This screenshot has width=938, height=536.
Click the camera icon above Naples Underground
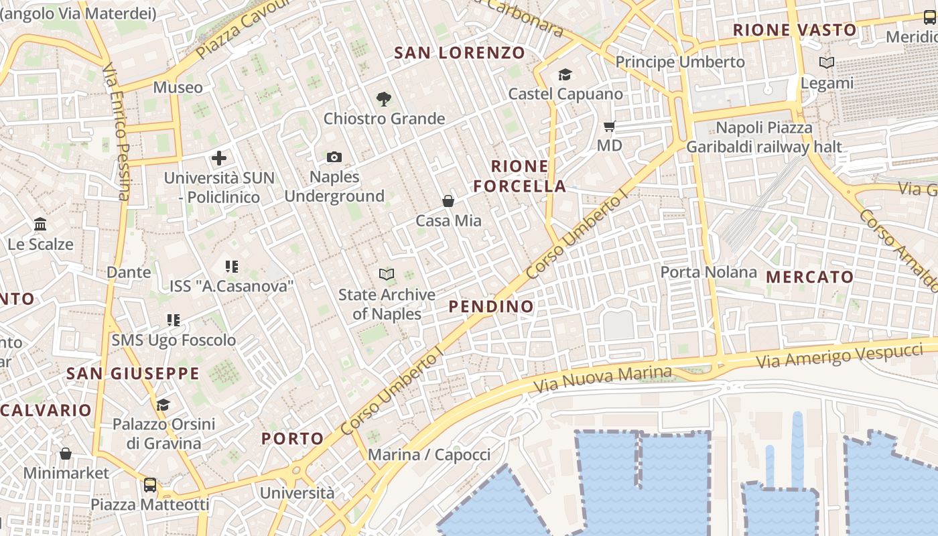(x=334, y=157)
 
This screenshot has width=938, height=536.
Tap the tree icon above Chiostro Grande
(x=383, y=99)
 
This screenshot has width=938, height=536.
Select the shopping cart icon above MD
(x=609, y=126)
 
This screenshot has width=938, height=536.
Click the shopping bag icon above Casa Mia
(x=448, y=201)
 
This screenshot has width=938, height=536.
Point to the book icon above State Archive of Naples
(x=387, y=274)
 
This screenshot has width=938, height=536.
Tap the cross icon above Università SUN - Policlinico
(x=219, y=159)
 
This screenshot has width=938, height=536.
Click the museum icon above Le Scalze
(x=40, y=224)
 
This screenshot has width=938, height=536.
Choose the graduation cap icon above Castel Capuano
(x=565, y=74)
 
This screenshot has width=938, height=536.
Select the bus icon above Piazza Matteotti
(x=150, y=484)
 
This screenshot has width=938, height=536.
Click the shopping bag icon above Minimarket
(x=66, y=454)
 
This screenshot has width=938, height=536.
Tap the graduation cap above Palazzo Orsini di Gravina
(x=163, y=405)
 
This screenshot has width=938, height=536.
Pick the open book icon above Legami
(x=827, y=63)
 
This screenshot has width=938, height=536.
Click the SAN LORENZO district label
(x=460, y=53)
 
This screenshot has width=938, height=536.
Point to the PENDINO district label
(x=491, y=307)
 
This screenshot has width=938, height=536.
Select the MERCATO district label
(x=809, y=277)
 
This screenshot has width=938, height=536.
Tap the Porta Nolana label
(x=708, y=272)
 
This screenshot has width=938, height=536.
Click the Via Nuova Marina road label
(x=602, y=379)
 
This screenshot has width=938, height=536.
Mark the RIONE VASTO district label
(x=795, y=30)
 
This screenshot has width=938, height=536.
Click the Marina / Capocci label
(x=429, y=455)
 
